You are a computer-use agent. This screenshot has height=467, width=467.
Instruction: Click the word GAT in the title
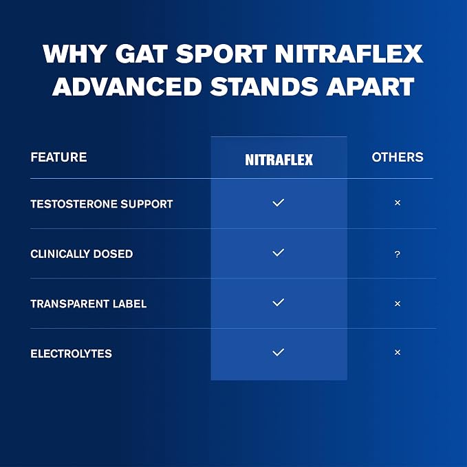coord(141,54)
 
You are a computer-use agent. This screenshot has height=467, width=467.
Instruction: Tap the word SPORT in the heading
coord(221,54)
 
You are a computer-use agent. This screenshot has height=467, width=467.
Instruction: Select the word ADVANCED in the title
coord(127,87)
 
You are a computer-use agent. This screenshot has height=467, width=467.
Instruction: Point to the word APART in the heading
coord(370,87)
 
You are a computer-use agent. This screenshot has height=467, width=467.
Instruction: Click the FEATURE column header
coord(58,158)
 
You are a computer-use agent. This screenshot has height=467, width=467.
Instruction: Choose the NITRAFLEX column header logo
coord(279,160)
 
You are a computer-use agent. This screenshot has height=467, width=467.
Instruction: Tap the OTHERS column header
coord(398,158)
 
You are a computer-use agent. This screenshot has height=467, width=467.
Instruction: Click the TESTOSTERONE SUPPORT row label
coord(102,204)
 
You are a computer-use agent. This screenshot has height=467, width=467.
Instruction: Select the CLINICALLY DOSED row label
coord(82,254)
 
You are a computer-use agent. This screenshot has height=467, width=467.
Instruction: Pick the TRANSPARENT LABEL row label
coord(89,304)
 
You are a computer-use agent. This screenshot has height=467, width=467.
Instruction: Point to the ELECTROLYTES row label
coord(71,354)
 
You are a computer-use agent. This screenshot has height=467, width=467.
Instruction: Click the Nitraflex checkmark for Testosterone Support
coord(278,203)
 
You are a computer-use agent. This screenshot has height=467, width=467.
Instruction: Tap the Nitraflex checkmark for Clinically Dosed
coord(278,252)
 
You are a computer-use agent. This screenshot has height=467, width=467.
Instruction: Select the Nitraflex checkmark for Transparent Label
coord(278,303)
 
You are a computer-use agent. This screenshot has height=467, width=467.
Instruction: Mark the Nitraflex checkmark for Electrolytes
coord(278,353)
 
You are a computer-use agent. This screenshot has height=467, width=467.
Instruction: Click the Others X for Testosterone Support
coord(398,203)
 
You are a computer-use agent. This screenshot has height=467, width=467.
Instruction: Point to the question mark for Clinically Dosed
coord(398,254)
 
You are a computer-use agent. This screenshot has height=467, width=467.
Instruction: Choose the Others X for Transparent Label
coord(398,304)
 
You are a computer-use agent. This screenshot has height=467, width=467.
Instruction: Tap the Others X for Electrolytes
coord(398,353)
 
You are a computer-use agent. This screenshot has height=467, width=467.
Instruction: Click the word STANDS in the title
coord(264,87)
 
